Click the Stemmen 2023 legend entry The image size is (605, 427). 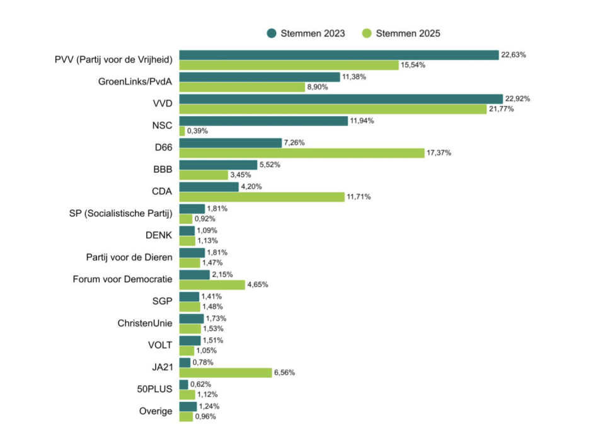coord(306,33)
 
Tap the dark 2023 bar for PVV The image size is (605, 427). coord(338,55)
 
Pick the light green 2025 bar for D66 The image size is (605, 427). coord(302,153)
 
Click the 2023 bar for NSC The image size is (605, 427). coord(263,120)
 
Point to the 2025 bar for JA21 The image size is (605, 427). coord(226,372)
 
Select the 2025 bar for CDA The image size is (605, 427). coord(262,197)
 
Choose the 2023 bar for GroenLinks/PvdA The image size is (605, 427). coord(260,77)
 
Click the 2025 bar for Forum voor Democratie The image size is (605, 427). coord(212,284)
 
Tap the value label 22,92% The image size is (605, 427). coord(517,98)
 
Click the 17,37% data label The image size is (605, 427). coord(439,153)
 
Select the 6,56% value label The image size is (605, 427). coord(284,372)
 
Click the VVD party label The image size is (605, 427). coord(162,103)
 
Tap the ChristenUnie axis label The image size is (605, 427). coord(145,323)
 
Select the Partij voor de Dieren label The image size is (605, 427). coord(129,257)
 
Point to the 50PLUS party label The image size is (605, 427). coord(155,389)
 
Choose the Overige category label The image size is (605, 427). coord(156,411)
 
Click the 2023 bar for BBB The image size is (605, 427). coord(218,165)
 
